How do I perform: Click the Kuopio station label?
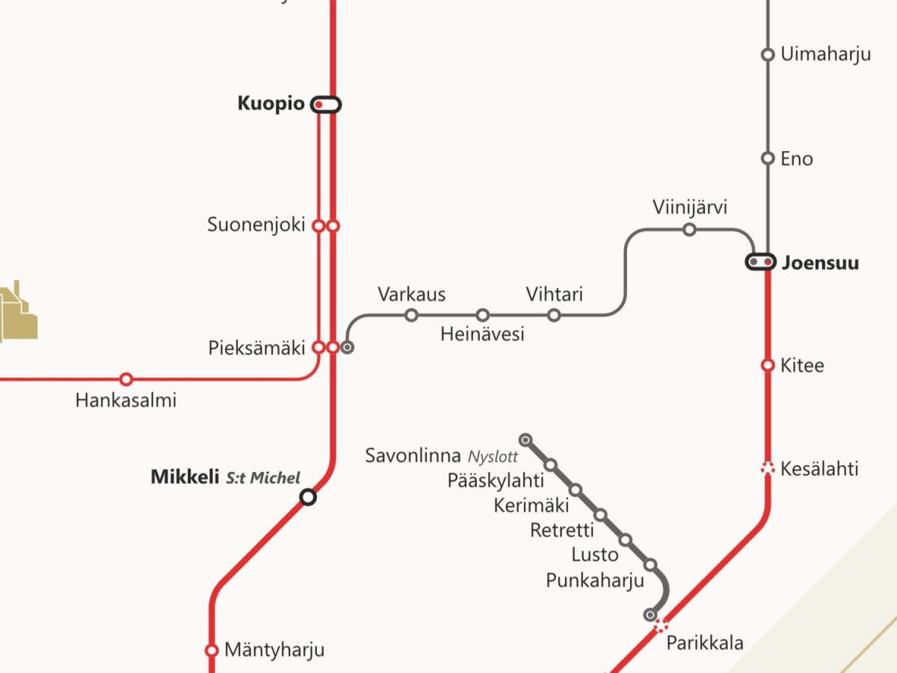271,104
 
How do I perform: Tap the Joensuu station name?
820,263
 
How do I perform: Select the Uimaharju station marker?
767,55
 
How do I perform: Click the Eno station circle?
767,159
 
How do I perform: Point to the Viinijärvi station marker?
689,230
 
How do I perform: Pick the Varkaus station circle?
411,315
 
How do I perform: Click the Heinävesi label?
482,334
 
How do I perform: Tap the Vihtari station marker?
554,315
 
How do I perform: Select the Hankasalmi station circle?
126,379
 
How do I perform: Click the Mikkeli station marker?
307,497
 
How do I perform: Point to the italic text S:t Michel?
263,478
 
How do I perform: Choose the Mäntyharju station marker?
212,651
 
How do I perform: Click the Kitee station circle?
767,365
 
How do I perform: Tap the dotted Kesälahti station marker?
767,469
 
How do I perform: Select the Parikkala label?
705,642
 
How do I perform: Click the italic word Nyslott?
493,457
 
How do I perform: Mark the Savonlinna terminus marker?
525,439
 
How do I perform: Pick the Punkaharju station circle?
650,565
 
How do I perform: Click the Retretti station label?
562,530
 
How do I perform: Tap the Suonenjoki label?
256,224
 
